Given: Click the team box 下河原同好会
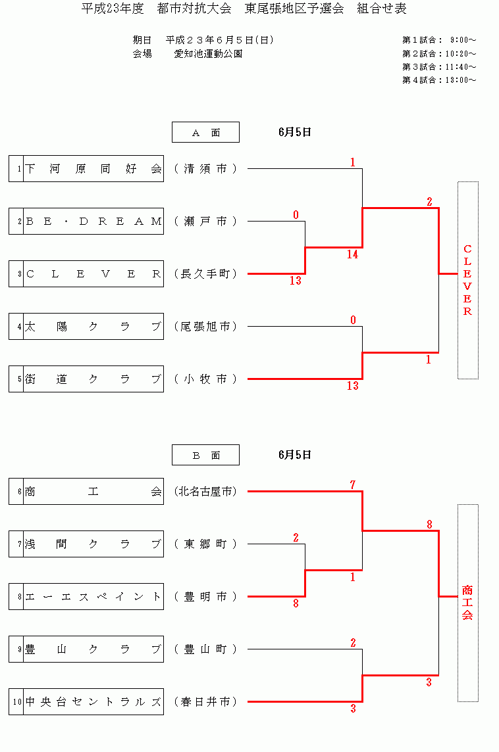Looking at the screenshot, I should [93, 169].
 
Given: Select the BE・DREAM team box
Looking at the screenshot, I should [93, 222].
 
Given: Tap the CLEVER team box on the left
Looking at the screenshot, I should [93, 274].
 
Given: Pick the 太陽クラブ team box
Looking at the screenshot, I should [93, 327].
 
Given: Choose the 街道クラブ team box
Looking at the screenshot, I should [93, 379].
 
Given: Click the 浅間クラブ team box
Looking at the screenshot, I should [93, 544].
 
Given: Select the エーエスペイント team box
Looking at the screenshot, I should [93, 597].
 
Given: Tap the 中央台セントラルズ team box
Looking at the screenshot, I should [93, 702].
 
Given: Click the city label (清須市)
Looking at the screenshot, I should [205, 169].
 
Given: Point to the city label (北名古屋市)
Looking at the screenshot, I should [205, 492].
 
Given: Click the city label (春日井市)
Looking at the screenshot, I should [205, 702].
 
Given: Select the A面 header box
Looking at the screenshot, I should [205, 133].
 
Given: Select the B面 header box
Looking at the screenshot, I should [205, 455].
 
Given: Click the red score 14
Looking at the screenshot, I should [353, 255].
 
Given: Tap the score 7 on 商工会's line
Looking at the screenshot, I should [353, 485].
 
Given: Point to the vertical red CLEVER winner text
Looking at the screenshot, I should [467, 280].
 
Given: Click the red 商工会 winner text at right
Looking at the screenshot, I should [467, 602].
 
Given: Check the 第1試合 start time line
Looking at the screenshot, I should [439, 41].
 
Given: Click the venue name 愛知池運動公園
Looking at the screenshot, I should [208, 54].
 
